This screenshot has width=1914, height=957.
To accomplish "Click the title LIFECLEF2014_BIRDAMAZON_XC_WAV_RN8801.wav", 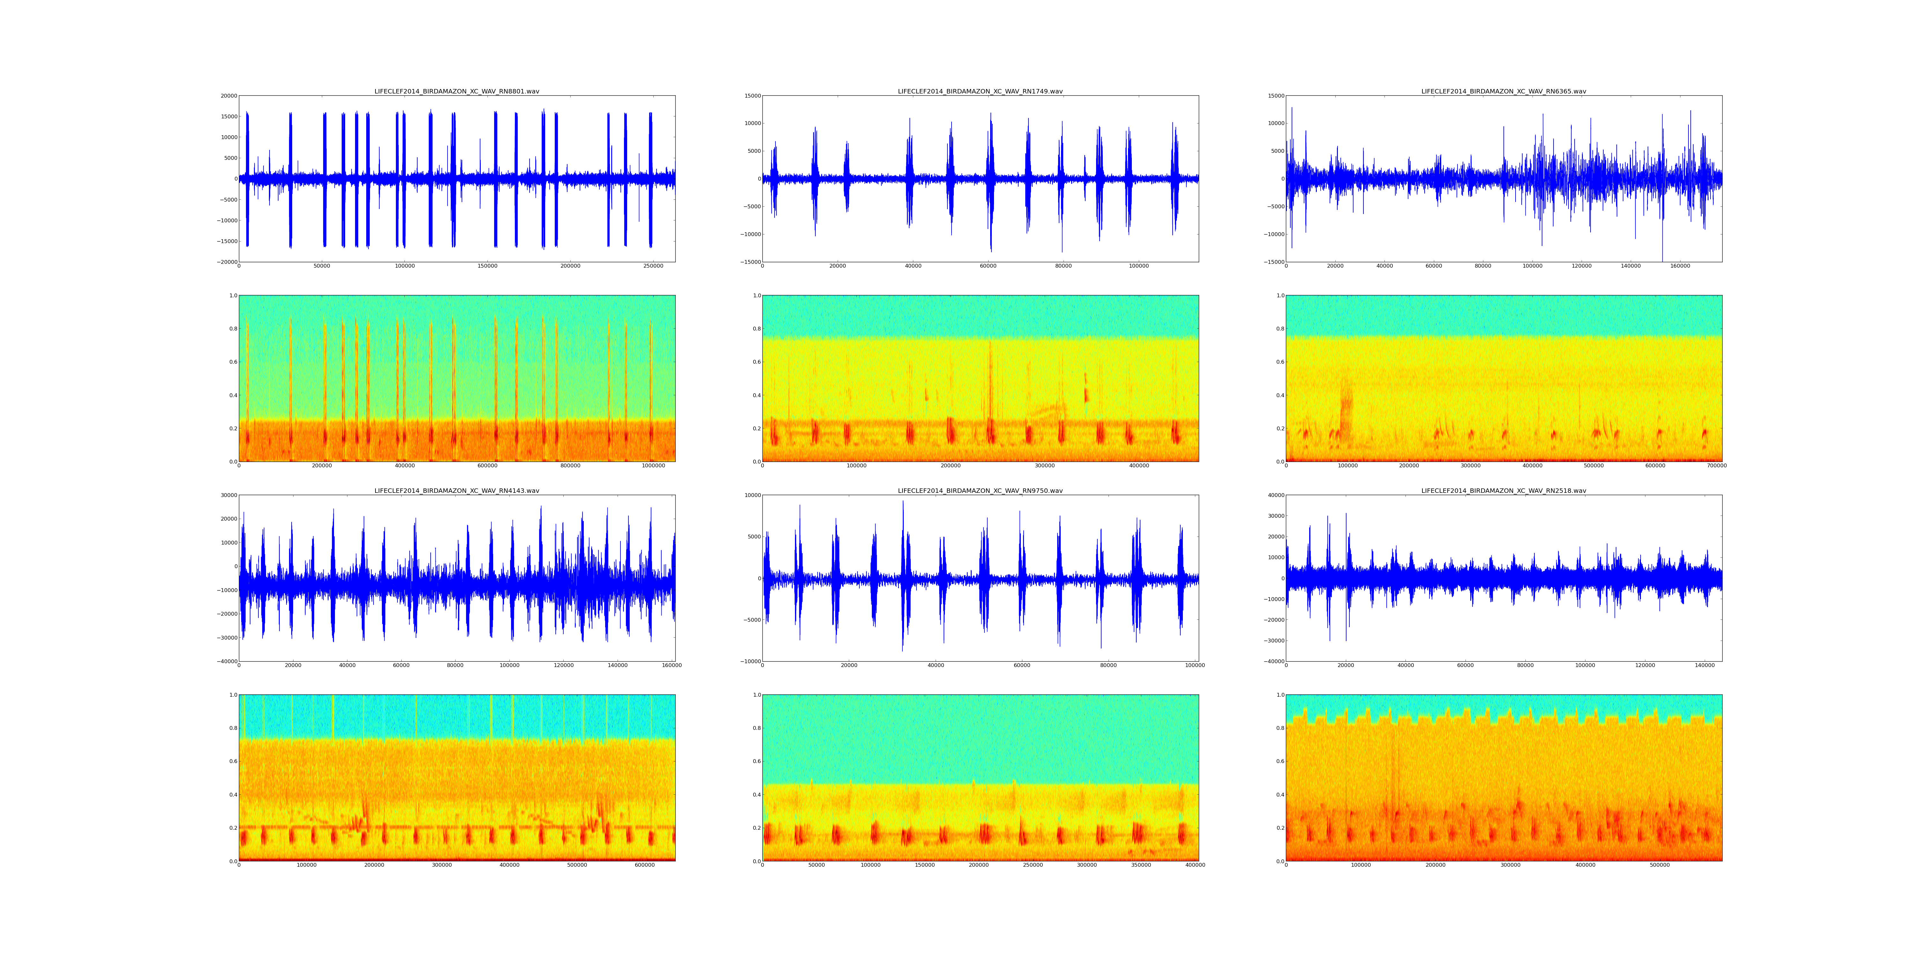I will (x=456, y=91).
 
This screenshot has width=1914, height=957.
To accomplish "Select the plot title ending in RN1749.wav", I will (x=980, y=91).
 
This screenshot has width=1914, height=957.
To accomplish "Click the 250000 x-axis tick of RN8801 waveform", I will (x=653, y=266).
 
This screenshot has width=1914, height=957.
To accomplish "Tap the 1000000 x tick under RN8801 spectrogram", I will (x=653, y=466).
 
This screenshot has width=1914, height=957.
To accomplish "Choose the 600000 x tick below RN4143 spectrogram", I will (x=645, y=865).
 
